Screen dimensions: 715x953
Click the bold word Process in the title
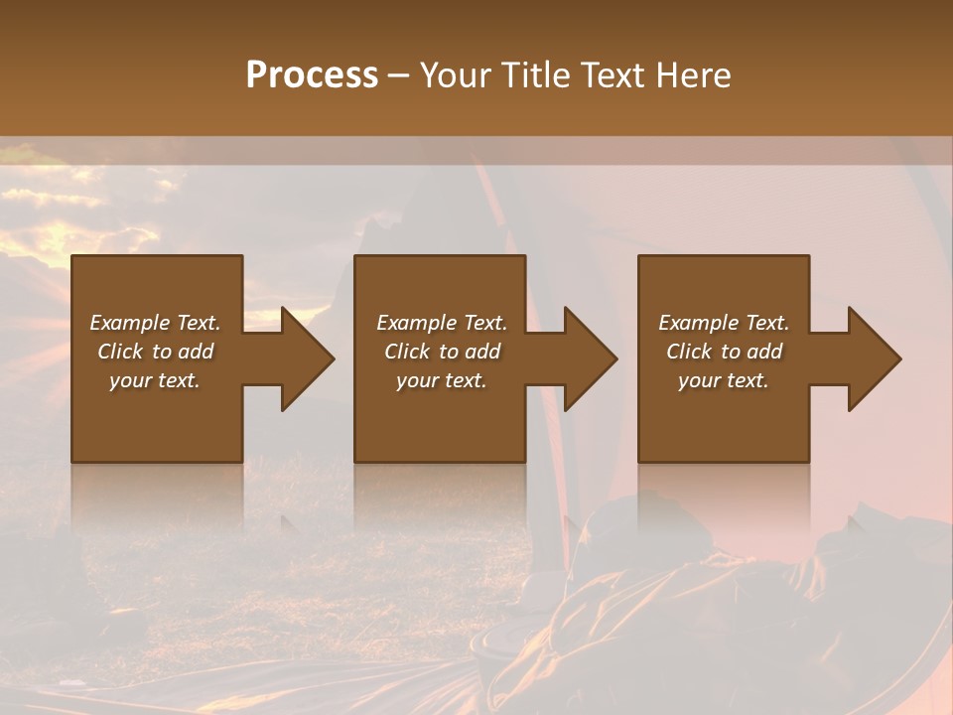[x=312, y=74]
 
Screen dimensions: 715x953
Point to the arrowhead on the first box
[x=302, y=358]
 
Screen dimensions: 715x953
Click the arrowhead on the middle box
[x=585, y=358]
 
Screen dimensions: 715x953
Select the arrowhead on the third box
[x=869, y=358]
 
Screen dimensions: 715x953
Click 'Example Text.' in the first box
[x=155, y=323]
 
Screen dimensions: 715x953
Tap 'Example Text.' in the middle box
[x=442, y=323]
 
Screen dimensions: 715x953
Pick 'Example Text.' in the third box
[x=724, y=323]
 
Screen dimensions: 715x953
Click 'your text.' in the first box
[x=155, y=380]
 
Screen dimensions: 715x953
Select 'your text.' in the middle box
[x=442, y=380]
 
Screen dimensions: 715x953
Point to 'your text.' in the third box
[x=724, y=380]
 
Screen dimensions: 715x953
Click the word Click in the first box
[x=121, y=352]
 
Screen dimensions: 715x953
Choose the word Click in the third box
[x=690, y=352]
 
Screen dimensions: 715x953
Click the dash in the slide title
[x=399, y=75]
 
